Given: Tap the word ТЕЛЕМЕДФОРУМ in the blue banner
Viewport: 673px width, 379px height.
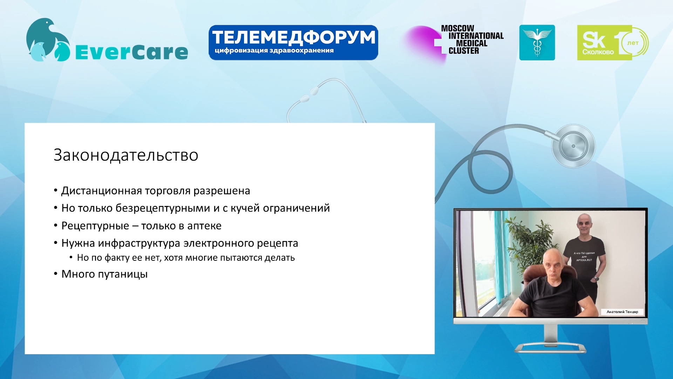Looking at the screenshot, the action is pos(294,37).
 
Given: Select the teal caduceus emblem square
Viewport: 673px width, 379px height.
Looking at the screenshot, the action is pos(537,42).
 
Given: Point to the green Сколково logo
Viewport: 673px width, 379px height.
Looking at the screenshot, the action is pos(613,42).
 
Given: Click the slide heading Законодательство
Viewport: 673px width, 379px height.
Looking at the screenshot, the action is pos(126,155).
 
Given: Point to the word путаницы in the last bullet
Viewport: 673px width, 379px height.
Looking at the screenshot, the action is pos(122,274).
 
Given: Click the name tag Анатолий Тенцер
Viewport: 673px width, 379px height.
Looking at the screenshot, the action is pos(622,312).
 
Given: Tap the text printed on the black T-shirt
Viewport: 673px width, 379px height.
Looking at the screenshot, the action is pos(584,257).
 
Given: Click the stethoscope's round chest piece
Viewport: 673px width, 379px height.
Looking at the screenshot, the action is pos(573,146).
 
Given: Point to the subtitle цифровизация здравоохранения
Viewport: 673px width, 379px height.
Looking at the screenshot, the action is pos(274,51).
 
